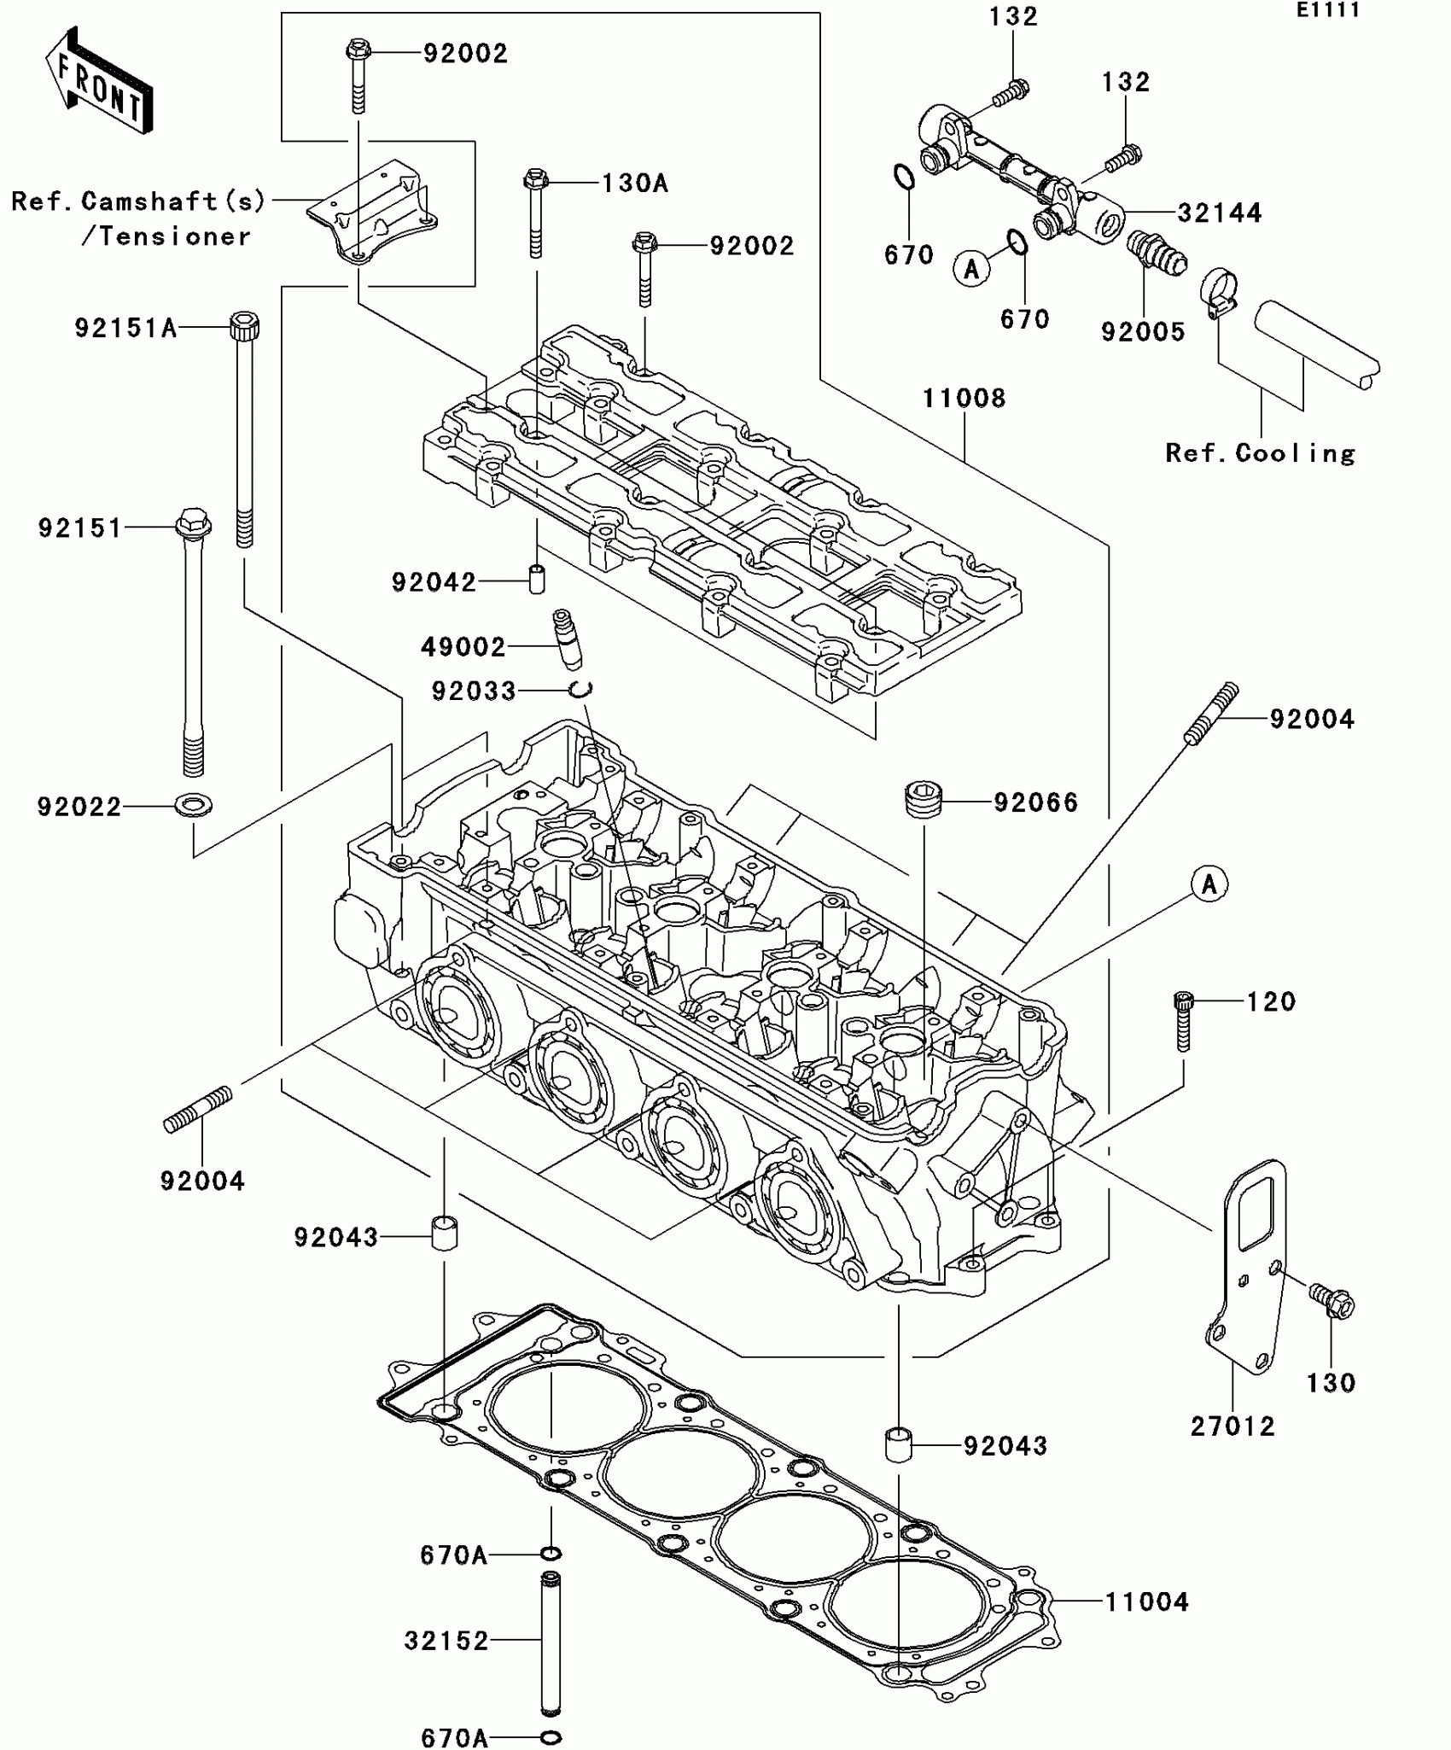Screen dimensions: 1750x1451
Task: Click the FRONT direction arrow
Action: point(99,81)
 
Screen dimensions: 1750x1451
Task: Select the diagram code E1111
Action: point(1327,10)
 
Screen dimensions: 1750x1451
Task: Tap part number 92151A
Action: point(125,328)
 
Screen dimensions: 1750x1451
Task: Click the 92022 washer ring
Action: point(194,804)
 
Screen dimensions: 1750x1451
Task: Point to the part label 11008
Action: point(964,398)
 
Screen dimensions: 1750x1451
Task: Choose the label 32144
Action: point(1219,213)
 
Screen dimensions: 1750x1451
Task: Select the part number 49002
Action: point(463,647)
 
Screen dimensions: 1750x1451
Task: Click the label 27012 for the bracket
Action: point(1232,1426)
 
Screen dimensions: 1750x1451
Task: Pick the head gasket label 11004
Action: point(1146,1601)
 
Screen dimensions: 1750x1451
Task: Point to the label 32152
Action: point(446,1640)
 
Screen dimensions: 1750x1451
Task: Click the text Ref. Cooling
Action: point(1260,452)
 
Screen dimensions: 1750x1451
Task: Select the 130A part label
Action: point(634,183)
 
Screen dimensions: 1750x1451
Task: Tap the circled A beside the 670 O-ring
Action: point(971,269)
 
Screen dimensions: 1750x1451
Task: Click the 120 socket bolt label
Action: point(1271,1001)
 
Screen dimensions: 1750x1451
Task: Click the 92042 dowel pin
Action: point(536,579)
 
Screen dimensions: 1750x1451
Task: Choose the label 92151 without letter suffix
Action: point(80,528)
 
